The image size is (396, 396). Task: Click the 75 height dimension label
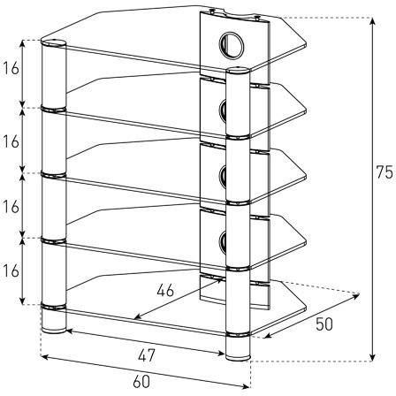(385, 172)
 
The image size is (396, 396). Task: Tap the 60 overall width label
(141, 382)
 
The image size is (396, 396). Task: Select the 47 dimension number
(147, 355)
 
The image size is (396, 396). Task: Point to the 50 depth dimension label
(324, 324)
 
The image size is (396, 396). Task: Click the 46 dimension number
(165, 291)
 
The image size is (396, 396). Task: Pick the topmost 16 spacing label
(11, 69)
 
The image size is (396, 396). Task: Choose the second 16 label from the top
(11, 141)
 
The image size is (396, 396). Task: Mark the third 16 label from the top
(11, 207)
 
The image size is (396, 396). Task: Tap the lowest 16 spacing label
(11, 271)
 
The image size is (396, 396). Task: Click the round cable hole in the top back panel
(232, 45)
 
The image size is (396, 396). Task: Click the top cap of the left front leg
(54, 43)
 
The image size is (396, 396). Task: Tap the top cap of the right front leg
(238, 71)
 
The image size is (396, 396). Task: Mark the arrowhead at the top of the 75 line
(373, 22)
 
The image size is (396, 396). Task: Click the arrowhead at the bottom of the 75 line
(373, 357)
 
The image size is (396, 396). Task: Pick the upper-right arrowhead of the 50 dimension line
(356, 296)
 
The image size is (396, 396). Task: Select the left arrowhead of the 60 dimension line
(45, 357)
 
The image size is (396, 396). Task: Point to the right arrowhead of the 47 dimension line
(221, 353)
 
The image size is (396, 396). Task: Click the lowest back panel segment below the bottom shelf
(234, 293)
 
